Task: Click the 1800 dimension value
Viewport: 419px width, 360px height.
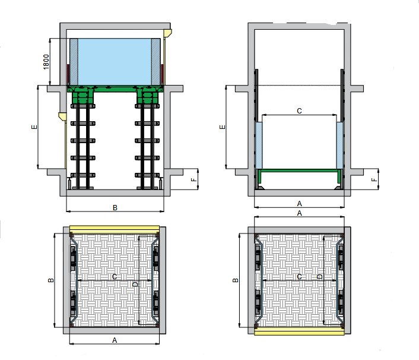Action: click(x=46, y=62)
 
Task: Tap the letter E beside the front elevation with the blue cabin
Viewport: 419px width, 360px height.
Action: click(x=34, y=127)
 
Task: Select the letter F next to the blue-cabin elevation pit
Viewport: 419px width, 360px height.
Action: click(x=194, y=180)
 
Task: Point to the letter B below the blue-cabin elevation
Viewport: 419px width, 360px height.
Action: click(x=115, y=207)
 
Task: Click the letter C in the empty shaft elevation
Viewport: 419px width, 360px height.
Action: click(x=299, y=110)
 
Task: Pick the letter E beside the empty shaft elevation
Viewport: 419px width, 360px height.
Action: click(x=222, y=127)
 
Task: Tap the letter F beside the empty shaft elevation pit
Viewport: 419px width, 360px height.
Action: click(x=374, y=180)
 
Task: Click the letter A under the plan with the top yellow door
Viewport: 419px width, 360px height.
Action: click(x=115, y=340)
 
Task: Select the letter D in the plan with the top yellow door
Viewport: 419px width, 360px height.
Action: click(x=135, y=284)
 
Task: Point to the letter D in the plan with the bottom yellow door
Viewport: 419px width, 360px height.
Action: click(x=320, y=277)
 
